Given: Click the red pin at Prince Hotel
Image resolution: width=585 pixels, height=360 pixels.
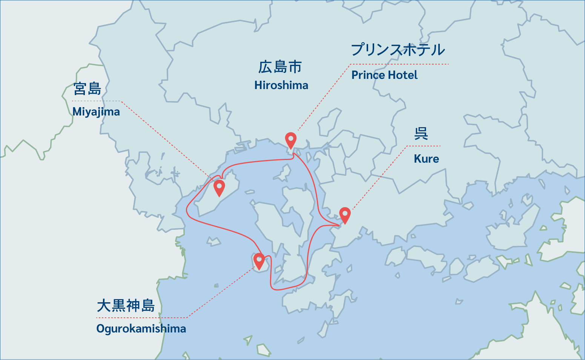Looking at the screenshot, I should [290, 140].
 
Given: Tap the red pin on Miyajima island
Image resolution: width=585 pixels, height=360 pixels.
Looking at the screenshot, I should [219, 187].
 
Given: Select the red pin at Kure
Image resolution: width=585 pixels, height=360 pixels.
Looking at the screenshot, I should [345, 214].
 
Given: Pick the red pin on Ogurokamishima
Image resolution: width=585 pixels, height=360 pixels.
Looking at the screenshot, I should [259, 260].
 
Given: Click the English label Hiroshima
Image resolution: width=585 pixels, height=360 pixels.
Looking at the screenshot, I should [281, 85].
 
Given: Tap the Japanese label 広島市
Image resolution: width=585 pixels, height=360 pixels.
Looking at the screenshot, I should [280, 67].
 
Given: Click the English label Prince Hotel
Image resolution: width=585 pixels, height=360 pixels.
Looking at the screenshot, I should [384, 75].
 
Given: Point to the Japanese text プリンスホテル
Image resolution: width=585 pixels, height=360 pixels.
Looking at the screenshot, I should [398, 50].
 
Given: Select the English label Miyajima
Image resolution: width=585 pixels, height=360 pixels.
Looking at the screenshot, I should [96, 112].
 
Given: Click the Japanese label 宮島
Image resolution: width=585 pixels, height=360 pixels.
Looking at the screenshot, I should [88, 89].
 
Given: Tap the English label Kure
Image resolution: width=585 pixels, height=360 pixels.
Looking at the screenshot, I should [426, 158].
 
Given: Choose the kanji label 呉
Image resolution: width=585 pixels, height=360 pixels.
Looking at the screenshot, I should [421, 134].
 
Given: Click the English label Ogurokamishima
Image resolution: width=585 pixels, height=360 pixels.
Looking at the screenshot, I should [141, 329].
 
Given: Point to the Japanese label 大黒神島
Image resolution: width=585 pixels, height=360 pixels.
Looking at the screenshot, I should [126, 306].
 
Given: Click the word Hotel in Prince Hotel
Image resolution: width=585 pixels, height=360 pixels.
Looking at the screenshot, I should [403, 75].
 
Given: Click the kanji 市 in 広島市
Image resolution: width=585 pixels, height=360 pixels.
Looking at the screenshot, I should [295, 67].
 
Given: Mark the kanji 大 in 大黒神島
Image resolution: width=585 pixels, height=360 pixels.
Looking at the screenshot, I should [103, 306].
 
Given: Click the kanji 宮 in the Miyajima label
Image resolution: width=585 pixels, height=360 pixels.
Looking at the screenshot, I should [80, 89].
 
